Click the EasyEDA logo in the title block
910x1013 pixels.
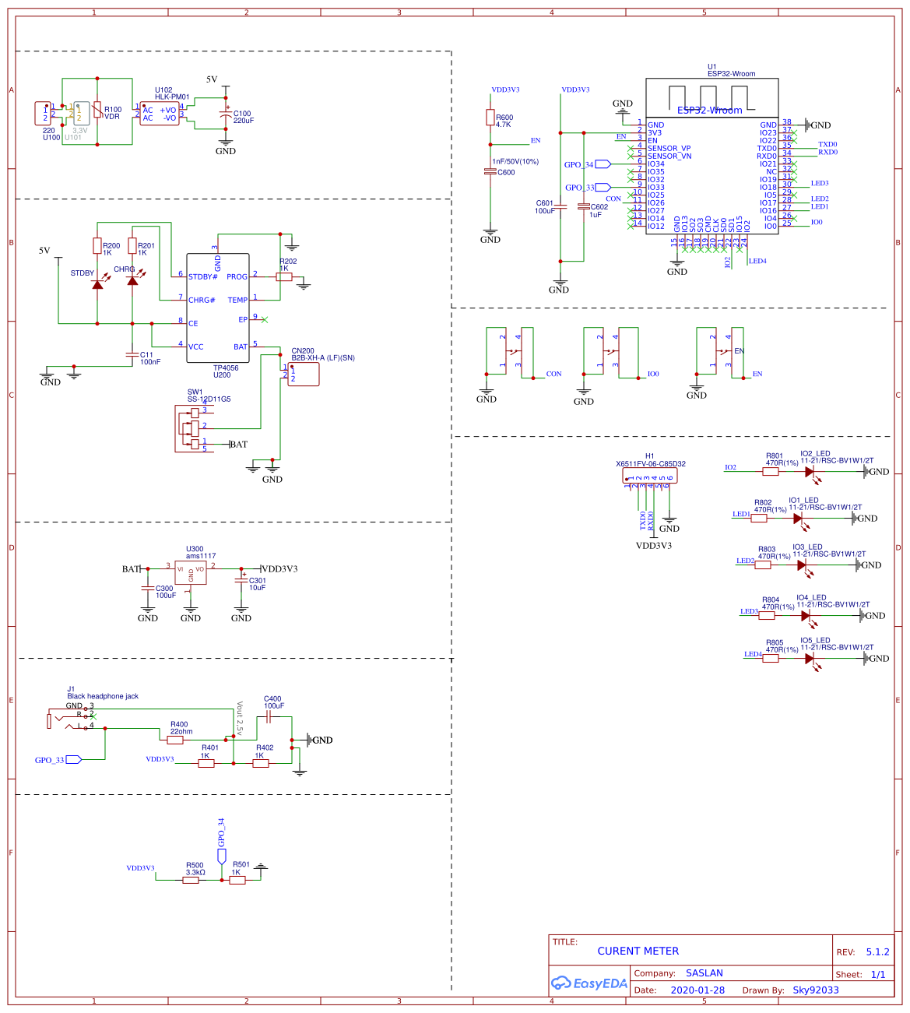tap(589, 983)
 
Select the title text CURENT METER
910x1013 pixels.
tap(638, 951)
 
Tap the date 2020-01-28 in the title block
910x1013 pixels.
tap(697, 990)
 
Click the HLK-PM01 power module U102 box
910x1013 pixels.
tap(159, 114)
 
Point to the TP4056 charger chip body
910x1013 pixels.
tap(218, 308)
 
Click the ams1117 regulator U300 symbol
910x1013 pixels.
tap(191, 572)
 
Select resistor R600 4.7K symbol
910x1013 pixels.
tap(490, 118)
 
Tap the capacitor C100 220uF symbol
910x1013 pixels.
tap(226, 115)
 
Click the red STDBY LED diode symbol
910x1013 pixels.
tap(97, 284)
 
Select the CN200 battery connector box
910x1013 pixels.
tap(304, 374)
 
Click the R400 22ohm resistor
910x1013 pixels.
tap(175, 740)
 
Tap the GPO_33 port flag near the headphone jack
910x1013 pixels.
tap(73, 759)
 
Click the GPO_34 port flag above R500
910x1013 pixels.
tap(221, 856)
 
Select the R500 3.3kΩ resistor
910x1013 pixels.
tap(191, 880)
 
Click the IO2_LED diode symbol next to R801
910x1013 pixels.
tap(810, 471)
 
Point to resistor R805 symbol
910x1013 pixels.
tap(770, 658)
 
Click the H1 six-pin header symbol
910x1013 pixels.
tap(651, 475)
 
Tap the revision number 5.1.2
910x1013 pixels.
tap(877, 951)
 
